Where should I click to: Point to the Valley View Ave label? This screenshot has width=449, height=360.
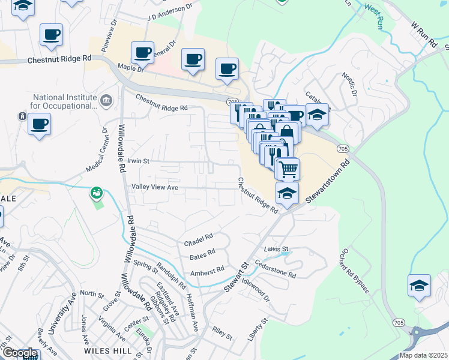click(x=155, y=187)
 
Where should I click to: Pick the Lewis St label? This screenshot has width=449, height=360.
click(x=276, y=248)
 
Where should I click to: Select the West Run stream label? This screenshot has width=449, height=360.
click(x=374, y=16)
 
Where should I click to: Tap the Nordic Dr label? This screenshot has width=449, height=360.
click(x=349, y=85)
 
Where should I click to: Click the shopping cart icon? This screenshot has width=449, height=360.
click(x=288, y=169)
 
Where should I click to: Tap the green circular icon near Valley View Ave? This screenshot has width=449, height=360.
click(x=96, y=193)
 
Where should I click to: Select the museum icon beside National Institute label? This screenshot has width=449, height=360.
click(x=106, y=100)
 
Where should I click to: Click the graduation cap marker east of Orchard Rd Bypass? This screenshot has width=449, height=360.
click(x=419, y=286)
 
